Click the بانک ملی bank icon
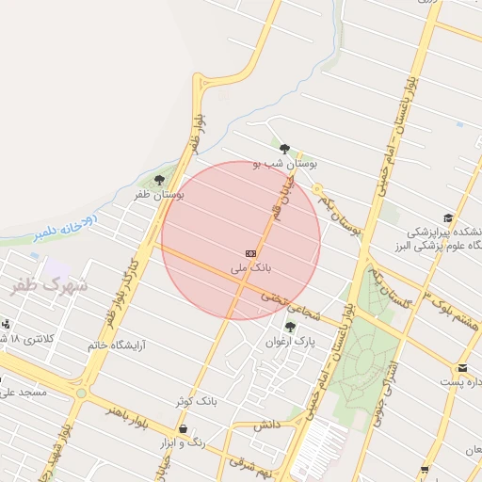click(x=250, y=253)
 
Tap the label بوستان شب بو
click(x=286, y=164)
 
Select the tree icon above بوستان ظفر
click(x=158, y=179)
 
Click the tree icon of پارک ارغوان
click(x=290, y=327)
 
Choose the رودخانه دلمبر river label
click(x=64, y=230)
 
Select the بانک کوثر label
click(x=196, y=401)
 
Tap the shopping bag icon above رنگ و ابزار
click(x=196, y=428)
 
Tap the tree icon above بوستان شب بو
click(x=284, y=148)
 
